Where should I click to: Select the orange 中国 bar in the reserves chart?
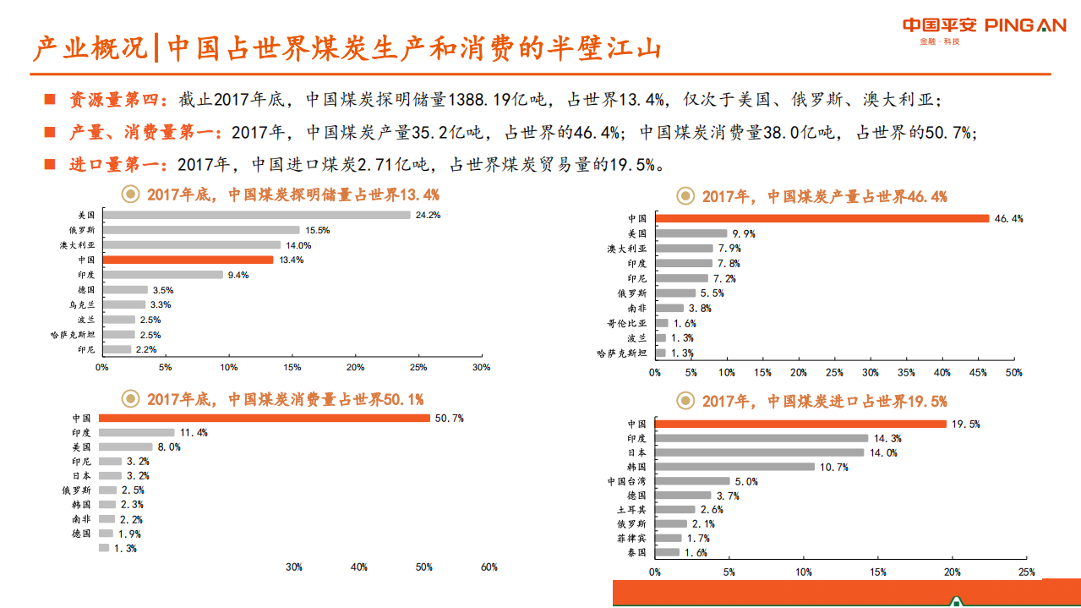pos(188,260)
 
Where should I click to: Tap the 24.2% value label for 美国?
pos(428,215)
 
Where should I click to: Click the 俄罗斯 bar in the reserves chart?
pos(201,230)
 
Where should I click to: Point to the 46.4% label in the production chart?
pos(1009,218)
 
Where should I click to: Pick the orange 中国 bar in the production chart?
pos(822,218)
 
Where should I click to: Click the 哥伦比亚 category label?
pos(626,323)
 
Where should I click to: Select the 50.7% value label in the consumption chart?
pos(449,418)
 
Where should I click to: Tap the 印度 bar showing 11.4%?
pos(136,432)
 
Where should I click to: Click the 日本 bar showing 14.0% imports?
pos(759,452)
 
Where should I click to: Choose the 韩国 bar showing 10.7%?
pos(734,467)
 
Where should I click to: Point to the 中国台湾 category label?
pos(626,481)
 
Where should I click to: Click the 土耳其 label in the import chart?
pos(631,510)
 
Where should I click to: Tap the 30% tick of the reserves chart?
pos(481,368)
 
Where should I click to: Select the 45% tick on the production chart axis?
pos(978,373)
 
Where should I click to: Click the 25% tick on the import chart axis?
pos(1026,572)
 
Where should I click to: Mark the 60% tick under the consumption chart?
pos(489,567)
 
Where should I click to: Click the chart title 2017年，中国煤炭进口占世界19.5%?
pos(824,402)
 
